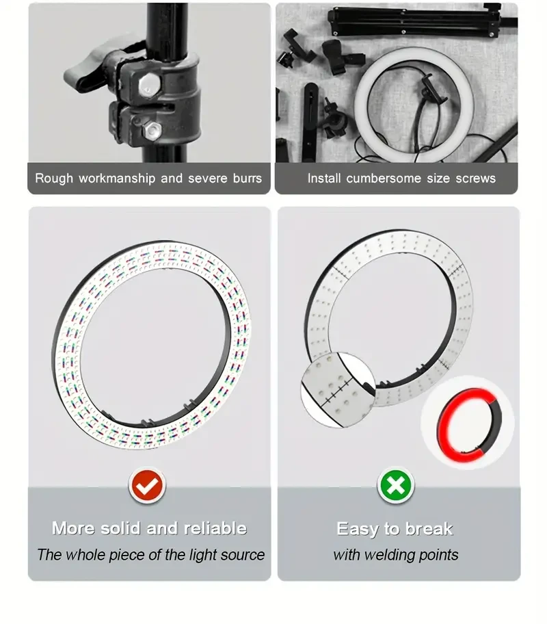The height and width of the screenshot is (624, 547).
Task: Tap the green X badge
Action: [397, 486]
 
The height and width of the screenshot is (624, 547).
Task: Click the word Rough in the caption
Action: [54, 179]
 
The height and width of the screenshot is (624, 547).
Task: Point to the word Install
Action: [325, 179]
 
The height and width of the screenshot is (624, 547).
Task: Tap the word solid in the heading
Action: [120, 528]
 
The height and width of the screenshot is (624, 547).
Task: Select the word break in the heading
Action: [429, 529]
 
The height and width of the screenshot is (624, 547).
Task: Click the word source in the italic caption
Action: [243, 555]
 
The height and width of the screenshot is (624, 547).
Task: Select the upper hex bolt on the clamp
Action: [150, 85]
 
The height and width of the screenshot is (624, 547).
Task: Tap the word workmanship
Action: [117, 179]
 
